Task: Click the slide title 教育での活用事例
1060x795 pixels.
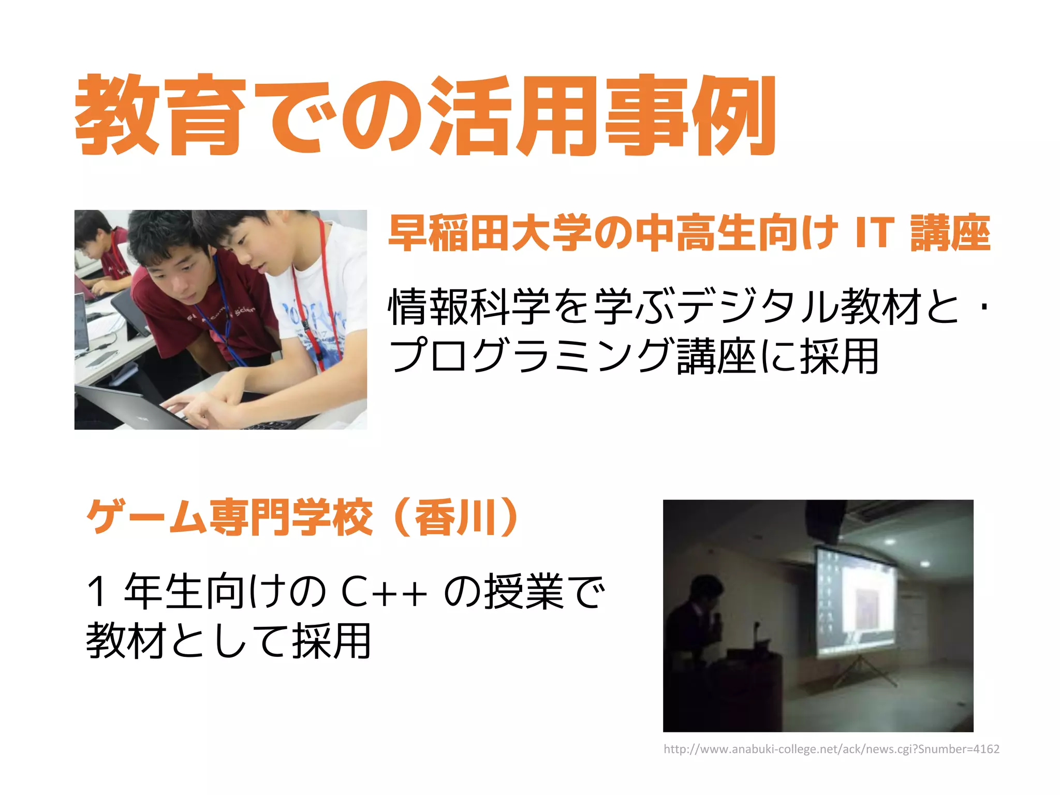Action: pos(424,115)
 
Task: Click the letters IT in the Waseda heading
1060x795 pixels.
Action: pos(874,233)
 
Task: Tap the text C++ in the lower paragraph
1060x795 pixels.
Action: pos(385,592)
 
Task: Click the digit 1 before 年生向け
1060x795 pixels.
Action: pos(97,592)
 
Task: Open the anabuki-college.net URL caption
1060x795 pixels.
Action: pos(831,749)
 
